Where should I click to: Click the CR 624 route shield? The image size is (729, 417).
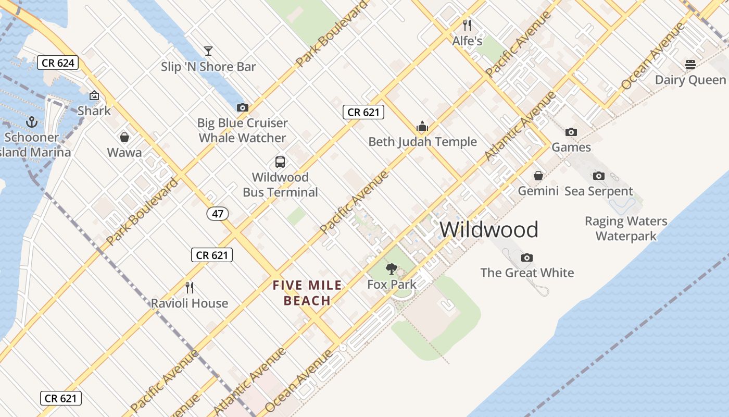[58, 63]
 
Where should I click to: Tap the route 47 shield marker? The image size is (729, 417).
[218, 213]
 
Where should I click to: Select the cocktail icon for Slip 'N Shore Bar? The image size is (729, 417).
[208, 51]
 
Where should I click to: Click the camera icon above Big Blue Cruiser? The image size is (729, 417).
[242, 107]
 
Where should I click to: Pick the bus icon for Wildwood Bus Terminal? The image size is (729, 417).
[280, 162]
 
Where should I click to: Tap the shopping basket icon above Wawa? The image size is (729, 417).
[124, 137]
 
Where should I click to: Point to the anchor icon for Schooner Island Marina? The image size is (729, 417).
[32, 122]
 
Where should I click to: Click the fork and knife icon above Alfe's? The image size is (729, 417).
[467, 25]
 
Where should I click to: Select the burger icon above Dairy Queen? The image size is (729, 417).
[690, 65]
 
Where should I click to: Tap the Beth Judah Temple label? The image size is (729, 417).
[422, 142]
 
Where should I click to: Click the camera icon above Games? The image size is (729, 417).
[571, 132]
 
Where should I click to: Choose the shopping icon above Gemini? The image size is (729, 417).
[538, 176]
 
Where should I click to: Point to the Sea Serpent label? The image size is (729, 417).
[599, 191]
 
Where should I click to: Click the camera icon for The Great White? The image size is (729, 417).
[527, 257]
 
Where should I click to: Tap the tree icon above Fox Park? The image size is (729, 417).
[392, 269]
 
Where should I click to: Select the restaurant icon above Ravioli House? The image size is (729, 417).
[190, 287]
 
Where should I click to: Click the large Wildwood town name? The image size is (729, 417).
[489, 229]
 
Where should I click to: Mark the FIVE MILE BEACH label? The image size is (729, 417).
[307, 293]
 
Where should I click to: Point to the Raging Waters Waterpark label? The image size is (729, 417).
[626, 228]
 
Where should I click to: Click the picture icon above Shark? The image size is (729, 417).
[94, 95]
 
